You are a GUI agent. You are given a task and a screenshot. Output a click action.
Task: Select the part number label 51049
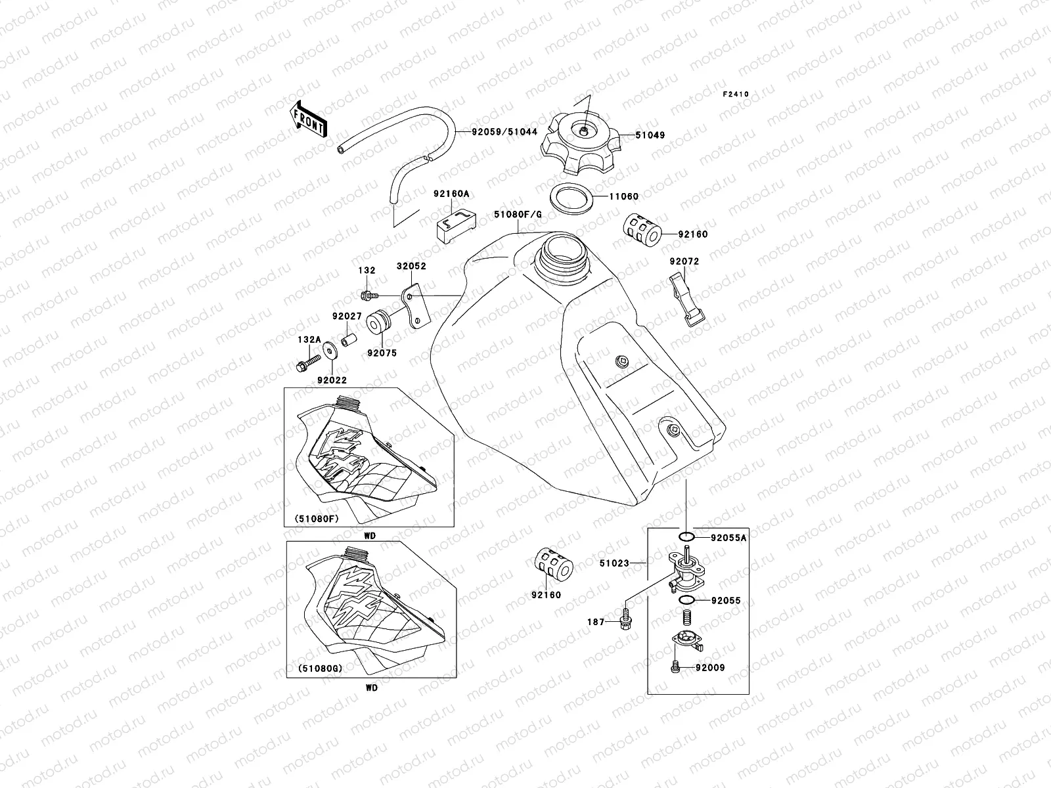point(650,135)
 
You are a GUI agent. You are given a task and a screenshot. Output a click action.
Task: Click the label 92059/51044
point(504,131)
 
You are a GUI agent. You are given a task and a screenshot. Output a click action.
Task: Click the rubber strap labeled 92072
point(687,299)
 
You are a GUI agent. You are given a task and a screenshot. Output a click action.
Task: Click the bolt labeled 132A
point(308,362)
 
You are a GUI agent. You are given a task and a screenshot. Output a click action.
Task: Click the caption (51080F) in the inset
point(312,519)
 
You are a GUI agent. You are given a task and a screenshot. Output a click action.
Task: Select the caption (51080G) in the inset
point(313,669)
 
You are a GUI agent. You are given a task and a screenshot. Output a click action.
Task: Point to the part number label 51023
point(614,563)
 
